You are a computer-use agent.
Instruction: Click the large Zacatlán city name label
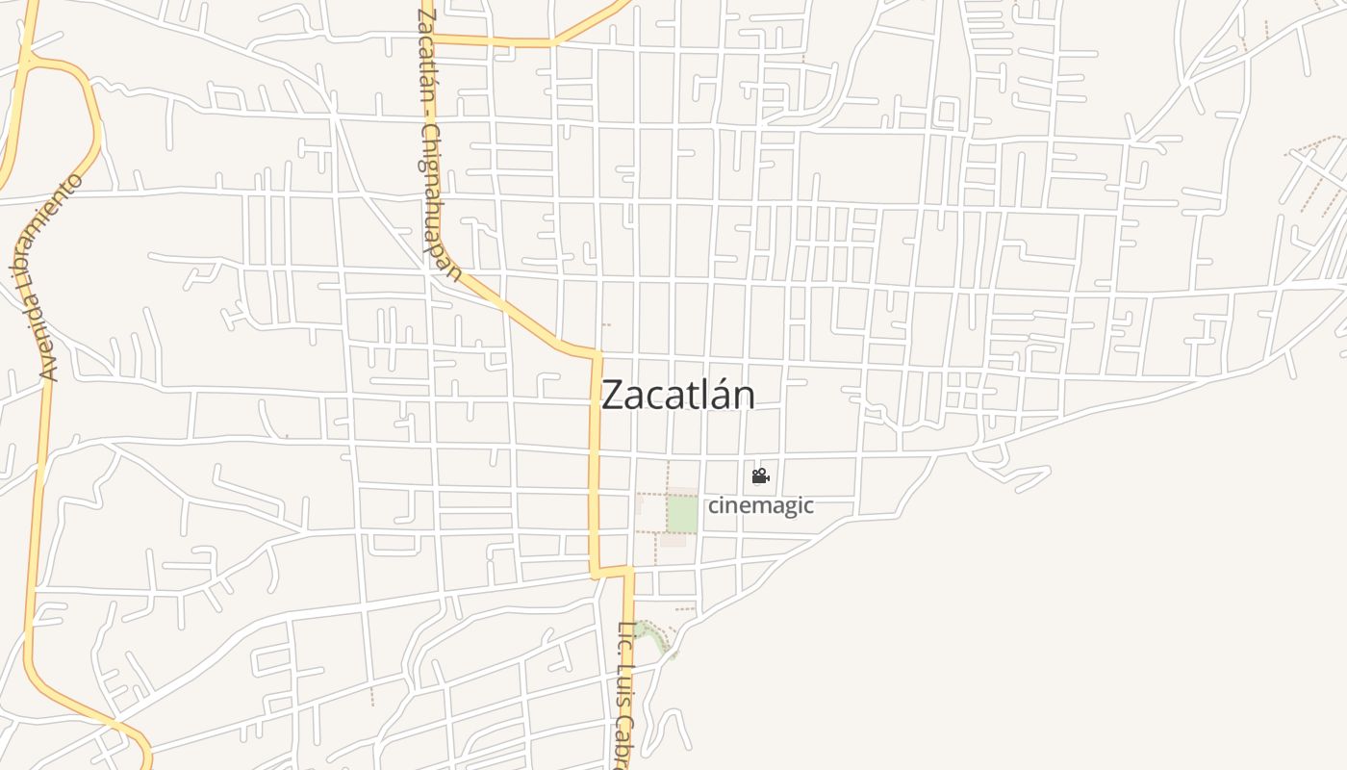[x=678, y=396]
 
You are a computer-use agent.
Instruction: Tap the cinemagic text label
[x=761, y=505]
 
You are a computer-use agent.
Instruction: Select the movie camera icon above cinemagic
[x=760, y=475]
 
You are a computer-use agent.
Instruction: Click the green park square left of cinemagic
[x=682, y=514]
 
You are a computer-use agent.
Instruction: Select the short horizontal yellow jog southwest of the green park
[x=612, y=572]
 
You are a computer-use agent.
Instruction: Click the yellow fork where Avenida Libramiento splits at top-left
[x=29, y=61]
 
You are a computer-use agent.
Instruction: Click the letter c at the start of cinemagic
[x=714, y=506]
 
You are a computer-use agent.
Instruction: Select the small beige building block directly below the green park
[x=673, y=540]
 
